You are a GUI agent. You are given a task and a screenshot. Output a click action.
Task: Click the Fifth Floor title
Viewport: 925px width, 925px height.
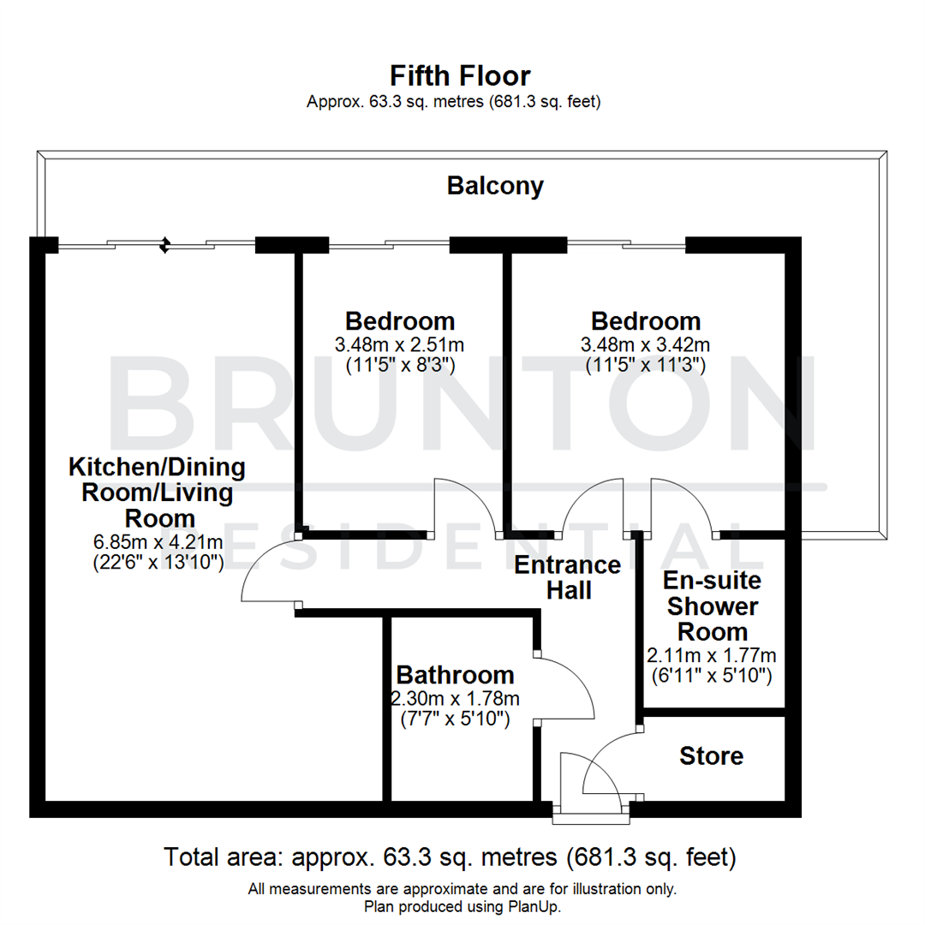click(460, 75)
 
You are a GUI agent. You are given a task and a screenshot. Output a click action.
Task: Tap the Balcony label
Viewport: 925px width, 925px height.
click(495, 186)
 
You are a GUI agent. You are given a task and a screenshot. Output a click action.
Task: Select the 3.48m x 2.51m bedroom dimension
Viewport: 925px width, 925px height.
click(400, 345)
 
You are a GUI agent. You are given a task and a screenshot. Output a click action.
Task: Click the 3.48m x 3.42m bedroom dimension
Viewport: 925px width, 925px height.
click(646, 345)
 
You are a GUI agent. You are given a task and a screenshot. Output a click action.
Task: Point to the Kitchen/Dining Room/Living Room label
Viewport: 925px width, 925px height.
click(157, 492)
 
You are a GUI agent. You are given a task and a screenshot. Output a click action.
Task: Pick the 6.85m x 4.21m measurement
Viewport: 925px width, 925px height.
click(157, 541)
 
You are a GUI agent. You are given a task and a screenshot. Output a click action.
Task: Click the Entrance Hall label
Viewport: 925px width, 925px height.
click(567, 577)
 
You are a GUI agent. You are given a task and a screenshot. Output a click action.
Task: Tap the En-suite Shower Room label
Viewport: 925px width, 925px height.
click(712, 606)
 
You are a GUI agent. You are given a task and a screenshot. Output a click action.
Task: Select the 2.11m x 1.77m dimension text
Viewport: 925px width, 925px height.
click(712, 656)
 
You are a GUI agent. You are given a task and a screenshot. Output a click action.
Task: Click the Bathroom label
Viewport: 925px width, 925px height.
click(455, 675)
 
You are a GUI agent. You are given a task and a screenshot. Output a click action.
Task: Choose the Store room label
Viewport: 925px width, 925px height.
click(711, 756)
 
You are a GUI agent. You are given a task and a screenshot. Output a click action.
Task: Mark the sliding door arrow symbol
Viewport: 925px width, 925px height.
click(164, 246)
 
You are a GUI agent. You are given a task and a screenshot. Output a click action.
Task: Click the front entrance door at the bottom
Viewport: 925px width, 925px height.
click(591, 814)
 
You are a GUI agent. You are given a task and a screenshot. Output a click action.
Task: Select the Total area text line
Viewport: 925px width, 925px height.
click(451, 856)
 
